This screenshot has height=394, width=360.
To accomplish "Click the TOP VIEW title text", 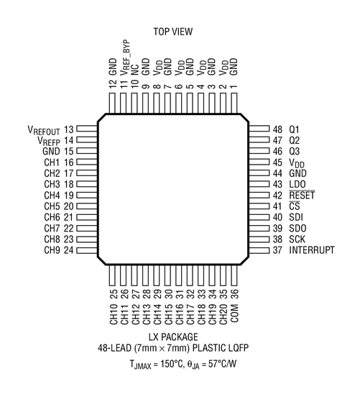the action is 173,32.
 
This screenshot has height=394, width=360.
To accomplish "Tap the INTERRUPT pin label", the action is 312,250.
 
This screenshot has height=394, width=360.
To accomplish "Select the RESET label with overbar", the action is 302,196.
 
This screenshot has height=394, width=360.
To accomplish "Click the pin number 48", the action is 277,129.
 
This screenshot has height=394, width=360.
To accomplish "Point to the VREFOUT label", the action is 44,130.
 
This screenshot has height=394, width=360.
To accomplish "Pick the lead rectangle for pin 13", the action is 87,129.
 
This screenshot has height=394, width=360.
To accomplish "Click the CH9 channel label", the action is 52,250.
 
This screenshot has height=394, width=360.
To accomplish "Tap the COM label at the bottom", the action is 234,313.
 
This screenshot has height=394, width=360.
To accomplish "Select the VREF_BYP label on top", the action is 125,58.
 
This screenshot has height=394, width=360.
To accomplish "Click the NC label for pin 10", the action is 135,70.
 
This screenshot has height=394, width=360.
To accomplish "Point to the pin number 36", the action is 234,294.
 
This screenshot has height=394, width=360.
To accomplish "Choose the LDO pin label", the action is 297,184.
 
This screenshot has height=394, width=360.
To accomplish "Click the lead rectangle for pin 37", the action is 259,250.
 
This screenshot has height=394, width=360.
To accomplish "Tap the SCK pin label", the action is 297,239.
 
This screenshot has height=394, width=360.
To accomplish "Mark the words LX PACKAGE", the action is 173,337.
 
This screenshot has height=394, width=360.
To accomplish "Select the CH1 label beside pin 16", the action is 52,162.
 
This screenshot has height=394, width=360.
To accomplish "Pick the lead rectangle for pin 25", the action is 112,275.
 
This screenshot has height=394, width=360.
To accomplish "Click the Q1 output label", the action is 294,129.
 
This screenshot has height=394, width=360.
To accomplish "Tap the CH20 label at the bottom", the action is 223,314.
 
